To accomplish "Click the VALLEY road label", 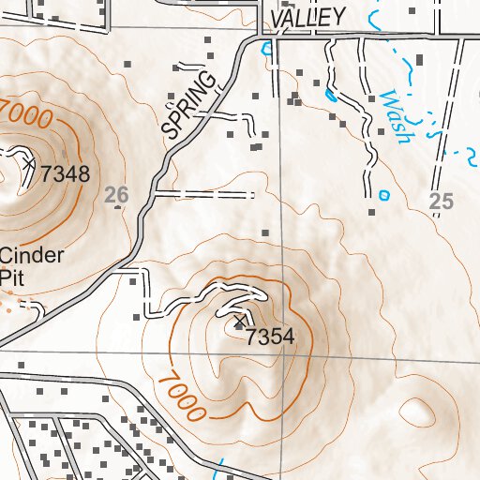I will tap(306, 17).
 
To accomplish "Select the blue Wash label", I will tap(397, 116).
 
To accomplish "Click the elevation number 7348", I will tap(65, 173).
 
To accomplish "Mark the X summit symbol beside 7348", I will tap(29, 163).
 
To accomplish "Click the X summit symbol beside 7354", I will tap(240, 323).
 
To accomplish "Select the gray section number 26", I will tap(116, 195).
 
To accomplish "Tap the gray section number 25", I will tap(440, 199).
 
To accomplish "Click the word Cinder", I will tap(32, 256).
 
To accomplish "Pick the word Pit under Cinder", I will tap(10, 277).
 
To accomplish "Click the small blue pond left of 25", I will tap(382, 195).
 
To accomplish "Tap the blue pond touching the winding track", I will tap(330, 95).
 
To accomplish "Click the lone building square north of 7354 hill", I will tap(265, 232).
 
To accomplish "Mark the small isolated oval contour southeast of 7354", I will tap(418, 410).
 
